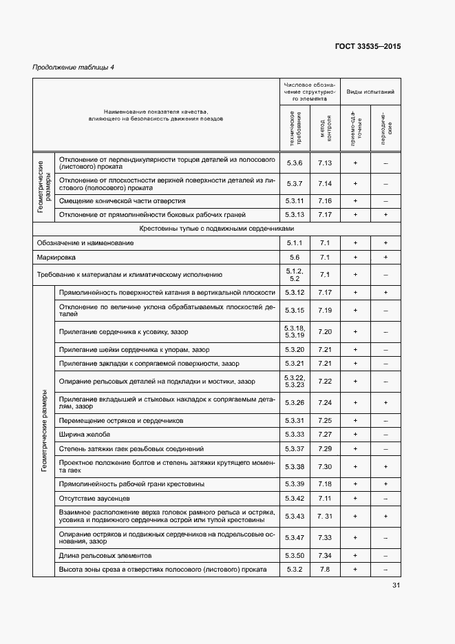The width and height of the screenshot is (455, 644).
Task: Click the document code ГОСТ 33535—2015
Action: pyautogui.click(x=368, y=47)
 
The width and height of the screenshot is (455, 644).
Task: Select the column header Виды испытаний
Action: pyautogui.click(x=370, y=91)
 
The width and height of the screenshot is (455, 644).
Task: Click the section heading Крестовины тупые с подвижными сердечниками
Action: pyautogui.click(x=217, y=229)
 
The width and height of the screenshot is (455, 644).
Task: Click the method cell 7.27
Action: pyautogui.click(x=326, y=435)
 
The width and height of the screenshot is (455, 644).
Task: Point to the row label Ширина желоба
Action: pyautogui.click(x=85, y=435)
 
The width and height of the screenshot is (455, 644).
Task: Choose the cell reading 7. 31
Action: pyautogui.click(x=326, y=517)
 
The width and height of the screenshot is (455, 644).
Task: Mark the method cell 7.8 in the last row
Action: pyautogui.click(x=326, y=569)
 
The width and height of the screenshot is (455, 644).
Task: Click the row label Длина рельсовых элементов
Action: pyautogui.click(x=105, y=555)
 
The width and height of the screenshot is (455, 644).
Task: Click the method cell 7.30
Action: pyautogui.click(x=326, y=466)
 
